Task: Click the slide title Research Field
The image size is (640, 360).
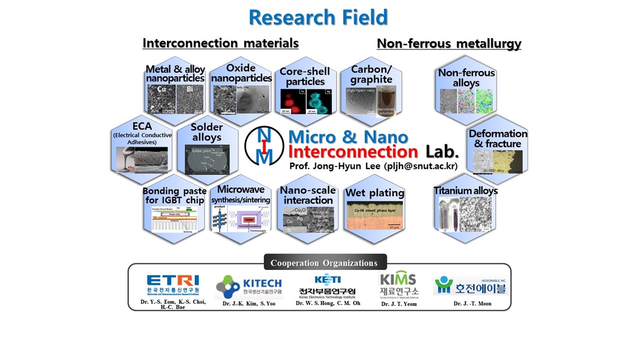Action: coord(318,17)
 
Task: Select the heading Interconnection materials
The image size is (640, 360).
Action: coord(220,43)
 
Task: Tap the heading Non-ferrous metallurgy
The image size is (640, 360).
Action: coord(448,44)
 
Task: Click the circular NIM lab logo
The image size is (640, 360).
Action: coord(264,145)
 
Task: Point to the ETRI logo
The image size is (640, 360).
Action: coord(172,283)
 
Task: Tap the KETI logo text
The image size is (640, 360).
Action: coord(327,279)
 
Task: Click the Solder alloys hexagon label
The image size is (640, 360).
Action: coord(206,132)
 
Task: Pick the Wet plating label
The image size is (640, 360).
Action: coord(375,193)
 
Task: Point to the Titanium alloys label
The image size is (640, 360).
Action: coord(465,190)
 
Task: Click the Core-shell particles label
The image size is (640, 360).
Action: coord(305,76)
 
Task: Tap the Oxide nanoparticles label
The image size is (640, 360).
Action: coord(241,73)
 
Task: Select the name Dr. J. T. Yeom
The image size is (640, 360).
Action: coord(398,303)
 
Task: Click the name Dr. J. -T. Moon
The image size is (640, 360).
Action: coord(472,303)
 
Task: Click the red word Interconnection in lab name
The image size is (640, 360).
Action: coord(353,151)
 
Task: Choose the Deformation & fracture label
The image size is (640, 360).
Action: coord(497,138)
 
